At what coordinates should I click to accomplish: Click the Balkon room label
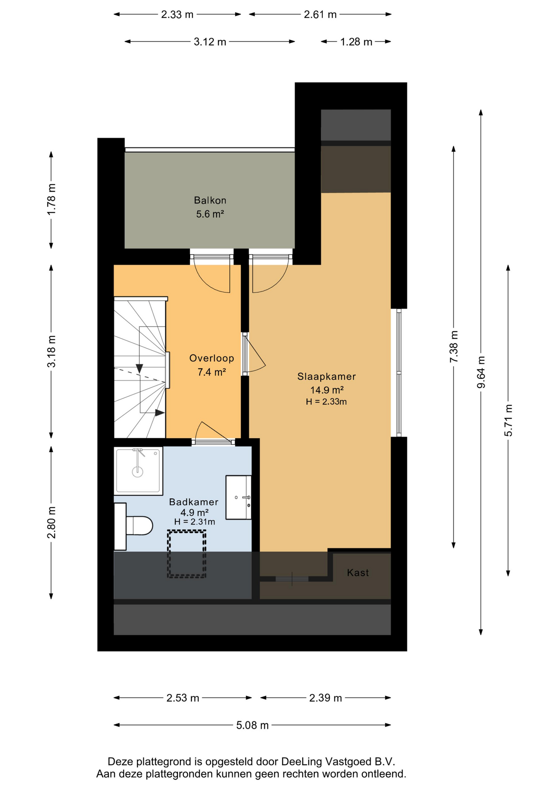coord(210,200)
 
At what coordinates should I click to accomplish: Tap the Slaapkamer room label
coord(326,376)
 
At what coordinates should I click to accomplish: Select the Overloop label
coord(212,358)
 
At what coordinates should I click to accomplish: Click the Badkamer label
coord(193,502)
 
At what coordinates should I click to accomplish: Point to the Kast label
coord(358,573)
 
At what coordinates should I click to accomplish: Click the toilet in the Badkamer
coord(133,526)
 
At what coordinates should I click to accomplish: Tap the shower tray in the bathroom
coord(138,471)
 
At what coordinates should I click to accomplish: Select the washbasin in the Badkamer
coord(238,497)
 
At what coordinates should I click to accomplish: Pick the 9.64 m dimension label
coord(481,372)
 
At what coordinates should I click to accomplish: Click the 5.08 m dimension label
coord(252,725)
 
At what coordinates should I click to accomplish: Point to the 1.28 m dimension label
coord(356,42)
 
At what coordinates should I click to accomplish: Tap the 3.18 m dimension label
coord(51,352)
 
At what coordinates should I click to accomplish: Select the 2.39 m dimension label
coord(326,698)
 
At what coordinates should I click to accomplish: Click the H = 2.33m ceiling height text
coord(326,402)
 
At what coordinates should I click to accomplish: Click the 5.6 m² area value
coord(210,214)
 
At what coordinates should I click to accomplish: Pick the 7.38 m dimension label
coord(454,347)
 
